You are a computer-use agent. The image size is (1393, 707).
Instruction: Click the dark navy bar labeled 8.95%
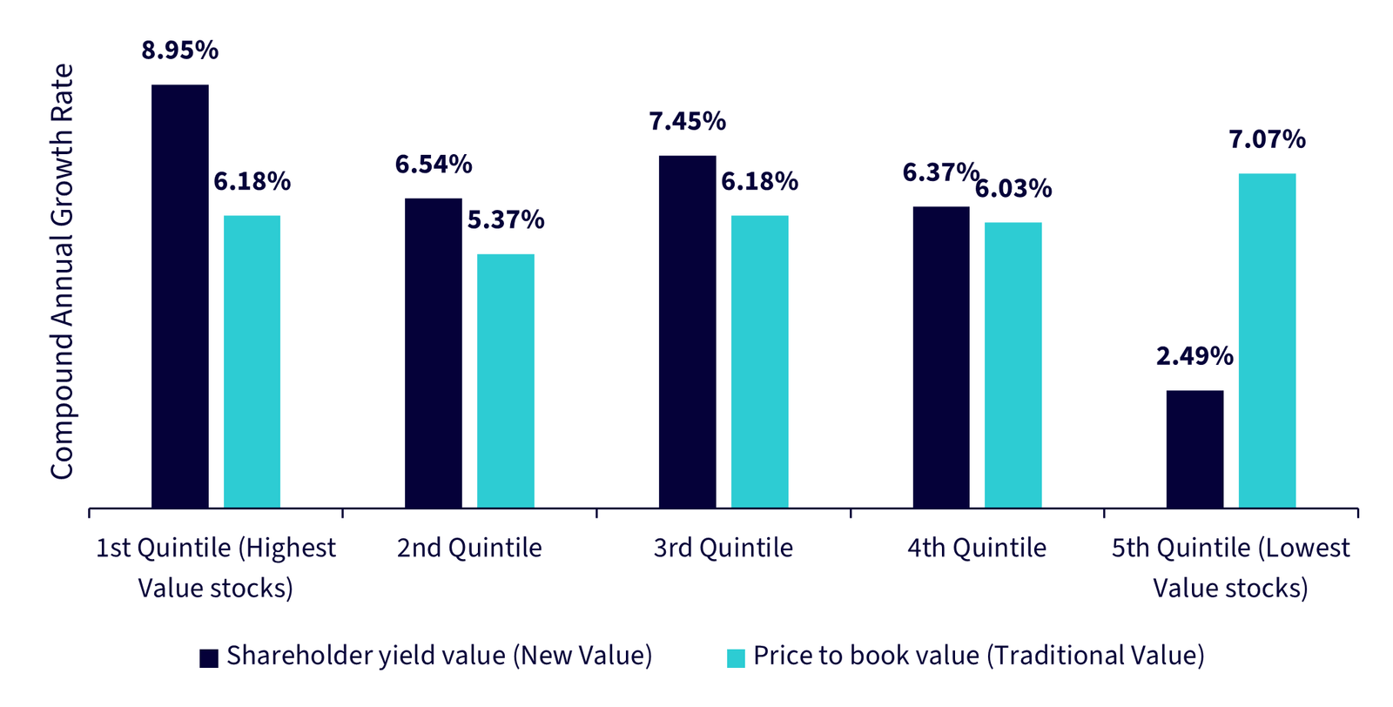179,296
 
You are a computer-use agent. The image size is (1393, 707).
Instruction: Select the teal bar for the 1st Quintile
252,361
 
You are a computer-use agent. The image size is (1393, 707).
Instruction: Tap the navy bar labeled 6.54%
433,353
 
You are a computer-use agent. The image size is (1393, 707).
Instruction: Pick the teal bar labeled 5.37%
505,380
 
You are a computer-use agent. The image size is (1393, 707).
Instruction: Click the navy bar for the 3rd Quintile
687,332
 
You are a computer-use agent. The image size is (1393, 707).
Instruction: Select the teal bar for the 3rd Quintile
759,361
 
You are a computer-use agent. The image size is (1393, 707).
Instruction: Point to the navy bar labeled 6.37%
940,357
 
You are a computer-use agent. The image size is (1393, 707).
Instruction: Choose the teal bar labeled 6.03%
1013,365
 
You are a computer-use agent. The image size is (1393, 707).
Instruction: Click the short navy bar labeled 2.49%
1194,448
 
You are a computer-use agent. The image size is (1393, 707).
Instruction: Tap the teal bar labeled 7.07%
1267,340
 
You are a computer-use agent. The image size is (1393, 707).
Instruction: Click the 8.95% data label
179,50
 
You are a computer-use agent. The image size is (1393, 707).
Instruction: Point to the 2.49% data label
1194,356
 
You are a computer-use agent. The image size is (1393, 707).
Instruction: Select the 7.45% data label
687,121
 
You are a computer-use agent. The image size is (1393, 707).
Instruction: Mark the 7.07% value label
1267,139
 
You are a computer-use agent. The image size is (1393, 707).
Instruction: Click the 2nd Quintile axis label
469,548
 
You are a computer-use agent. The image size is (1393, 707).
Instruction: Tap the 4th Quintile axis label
976,548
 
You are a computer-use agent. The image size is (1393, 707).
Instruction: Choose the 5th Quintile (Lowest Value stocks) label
1230,568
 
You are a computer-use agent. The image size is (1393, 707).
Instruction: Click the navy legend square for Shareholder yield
209,658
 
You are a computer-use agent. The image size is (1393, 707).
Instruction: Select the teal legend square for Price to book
736,658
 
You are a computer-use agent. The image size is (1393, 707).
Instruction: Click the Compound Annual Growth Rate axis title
62,272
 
